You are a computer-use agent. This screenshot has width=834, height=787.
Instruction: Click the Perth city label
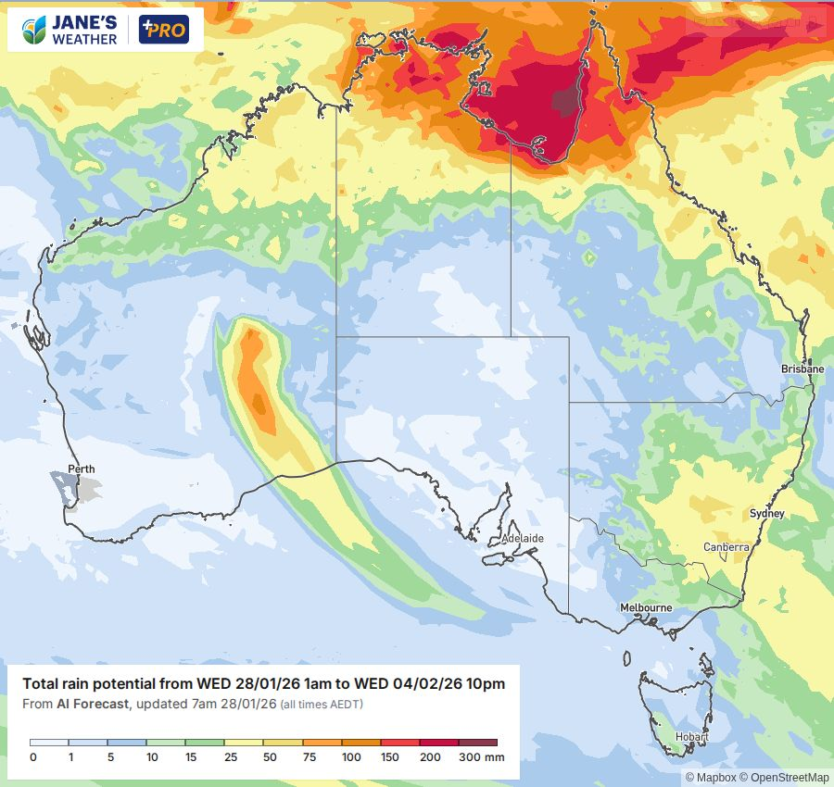click(82, 469)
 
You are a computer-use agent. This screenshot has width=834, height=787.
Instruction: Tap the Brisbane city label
click(802, 369)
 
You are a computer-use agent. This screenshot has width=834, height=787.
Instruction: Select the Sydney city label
click(766, 514)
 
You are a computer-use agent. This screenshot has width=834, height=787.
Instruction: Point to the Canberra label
click(726, 547)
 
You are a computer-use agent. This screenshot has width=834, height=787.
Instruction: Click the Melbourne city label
click(646, 607)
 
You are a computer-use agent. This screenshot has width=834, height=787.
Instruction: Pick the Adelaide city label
click(522, 538)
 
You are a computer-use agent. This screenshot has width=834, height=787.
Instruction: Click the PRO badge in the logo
click(164, 30)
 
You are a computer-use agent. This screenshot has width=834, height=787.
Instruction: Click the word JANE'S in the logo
click(85, 22)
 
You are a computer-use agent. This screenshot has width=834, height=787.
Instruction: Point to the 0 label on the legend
click(32, 757)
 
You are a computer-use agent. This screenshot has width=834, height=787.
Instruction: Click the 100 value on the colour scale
click(350, 757)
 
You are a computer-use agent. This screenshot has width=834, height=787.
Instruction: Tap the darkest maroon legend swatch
click(477, 743)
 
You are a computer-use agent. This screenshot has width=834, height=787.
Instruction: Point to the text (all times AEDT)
click(322, 705)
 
